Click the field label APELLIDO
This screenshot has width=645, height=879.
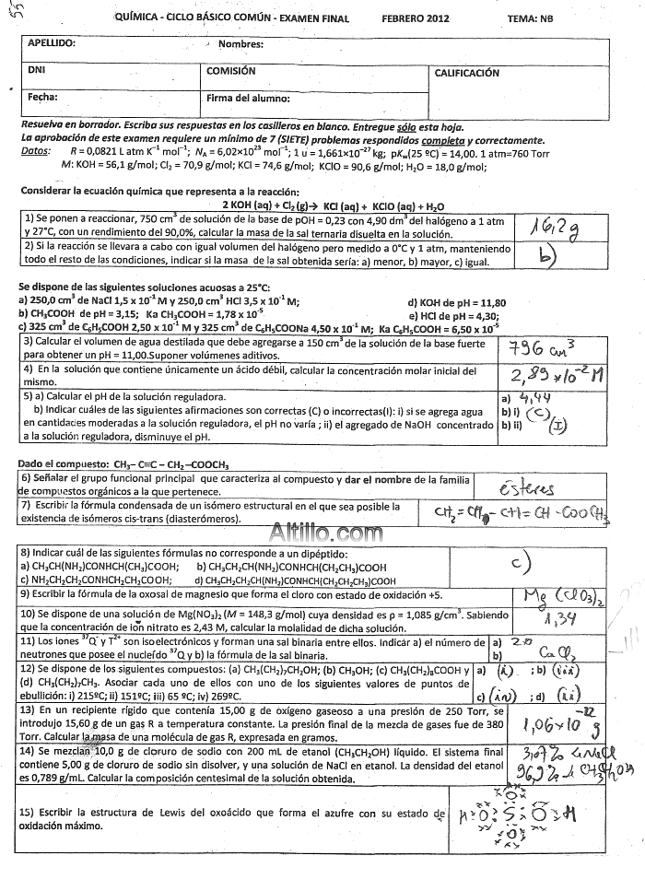[x=53, y=43]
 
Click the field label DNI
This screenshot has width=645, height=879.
[x=37, y=70]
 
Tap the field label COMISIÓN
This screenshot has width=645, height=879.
[x=231, y=70]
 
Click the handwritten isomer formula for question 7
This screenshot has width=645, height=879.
[x=519, y=512]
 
